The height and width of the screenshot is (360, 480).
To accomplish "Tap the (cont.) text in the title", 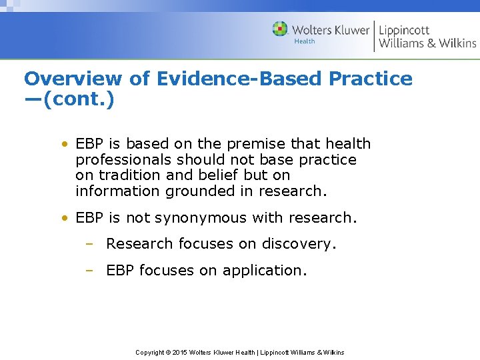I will coord(79,100).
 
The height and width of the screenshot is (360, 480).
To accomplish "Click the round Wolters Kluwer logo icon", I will coord(280,29).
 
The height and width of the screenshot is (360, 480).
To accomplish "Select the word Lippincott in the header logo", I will coord(404,30).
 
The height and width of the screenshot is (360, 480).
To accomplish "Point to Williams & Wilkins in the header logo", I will coord(427,44).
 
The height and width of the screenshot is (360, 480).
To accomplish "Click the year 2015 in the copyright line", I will coord(180,352).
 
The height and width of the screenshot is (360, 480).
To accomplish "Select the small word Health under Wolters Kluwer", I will coord(305,42).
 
